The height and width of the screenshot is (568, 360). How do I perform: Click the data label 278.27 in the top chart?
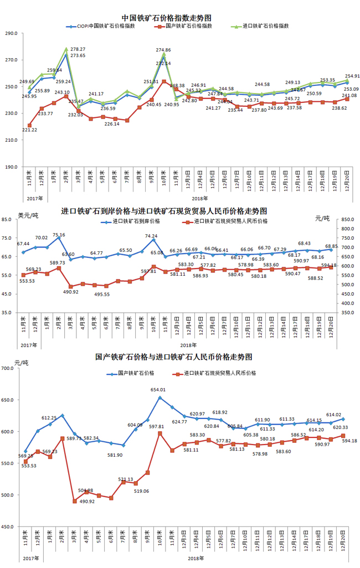click(x=78, y=49)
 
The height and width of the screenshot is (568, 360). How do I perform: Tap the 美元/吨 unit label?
click(x=28, y=215)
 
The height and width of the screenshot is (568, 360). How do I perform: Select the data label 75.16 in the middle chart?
click(x=58, y=235)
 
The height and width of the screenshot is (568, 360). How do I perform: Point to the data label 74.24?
click(x=151, y=236)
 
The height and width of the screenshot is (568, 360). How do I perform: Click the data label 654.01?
click(x=158, y=390)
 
